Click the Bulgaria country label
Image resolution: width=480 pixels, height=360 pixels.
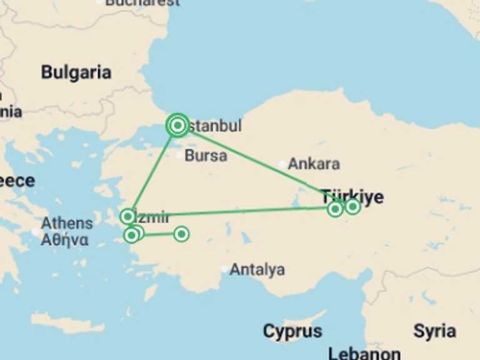click(x=76, y=72)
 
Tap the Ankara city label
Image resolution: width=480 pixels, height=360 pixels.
click(x=314, y=164)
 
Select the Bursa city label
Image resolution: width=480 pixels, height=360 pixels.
click(x=206, y=156)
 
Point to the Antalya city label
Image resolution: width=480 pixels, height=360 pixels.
click(x=257, y=270)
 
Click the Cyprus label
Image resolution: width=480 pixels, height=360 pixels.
click(x=292, y=331)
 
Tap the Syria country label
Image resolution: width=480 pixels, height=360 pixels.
click(x=434, y=331)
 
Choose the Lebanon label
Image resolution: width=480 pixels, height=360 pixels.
click(x=364, y=353)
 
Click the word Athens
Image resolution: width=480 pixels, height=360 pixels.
click(x=67, y=223)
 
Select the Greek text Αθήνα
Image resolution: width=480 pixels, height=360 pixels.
click(x=64, y=240)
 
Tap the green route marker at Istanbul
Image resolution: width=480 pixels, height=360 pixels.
click(x=177, y=126)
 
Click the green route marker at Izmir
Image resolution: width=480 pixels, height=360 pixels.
click(x=127, y=217)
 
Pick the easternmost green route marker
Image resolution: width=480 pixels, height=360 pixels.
click(x=352, y=206)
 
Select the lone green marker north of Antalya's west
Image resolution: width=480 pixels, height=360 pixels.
click(x=181, y=234)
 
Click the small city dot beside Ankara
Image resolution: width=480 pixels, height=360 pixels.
click(x=282, y=164)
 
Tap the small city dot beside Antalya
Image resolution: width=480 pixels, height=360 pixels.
click(x=224, y=269)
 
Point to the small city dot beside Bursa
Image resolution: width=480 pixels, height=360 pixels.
click(x=180, y=155)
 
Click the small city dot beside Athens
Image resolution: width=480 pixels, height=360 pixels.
click(x=35, y=232)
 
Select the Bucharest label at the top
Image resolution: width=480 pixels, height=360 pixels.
click(x=142, y=2)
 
